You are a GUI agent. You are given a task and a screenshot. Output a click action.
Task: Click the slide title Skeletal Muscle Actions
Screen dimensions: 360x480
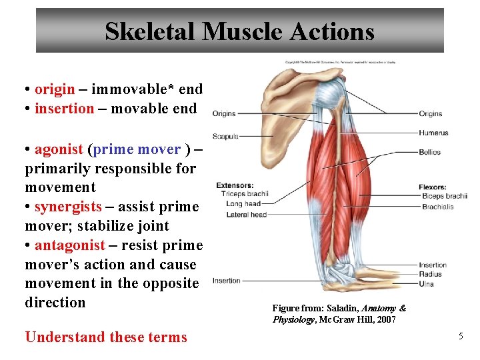(239, 31)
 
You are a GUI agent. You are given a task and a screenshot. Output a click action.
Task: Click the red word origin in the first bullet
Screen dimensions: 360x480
(55, 89)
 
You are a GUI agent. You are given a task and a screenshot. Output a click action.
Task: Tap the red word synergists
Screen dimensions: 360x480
(68, 207)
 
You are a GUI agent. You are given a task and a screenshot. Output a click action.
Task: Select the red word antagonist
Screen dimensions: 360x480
(70, 245)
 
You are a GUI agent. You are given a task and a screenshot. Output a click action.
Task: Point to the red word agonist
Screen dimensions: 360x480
(59, 149)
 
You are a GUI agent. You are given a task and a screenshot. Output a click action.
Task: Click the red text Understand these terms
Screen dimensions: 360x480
(106, 337)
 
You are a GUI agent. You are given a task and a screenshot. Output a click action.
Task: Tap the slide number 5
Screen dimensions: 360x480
(460, 337)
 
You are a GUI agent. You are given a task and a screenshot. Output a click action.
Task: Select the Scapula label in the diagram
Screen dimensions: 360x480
(225, 137)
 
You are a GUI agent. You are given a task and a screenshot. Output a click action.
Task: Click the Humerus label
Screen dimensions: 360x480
(433, 133)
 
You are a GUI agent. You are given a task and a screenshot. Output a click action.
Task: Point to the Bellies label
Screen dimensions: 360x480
(430, 152)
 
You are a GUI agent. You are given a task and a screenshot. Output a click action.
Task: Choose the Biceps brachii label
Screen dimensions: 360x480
(445, 196)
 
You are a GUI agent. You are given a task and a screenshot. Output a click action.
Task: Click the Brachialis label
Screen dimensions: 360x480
(437, 207)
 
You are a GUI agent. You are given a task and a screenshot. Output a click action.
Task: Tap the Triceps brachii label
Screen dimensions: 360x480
(245, 194)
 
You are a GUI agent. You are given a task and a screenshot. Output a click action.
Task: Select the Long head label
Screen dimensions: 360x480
(243, 204)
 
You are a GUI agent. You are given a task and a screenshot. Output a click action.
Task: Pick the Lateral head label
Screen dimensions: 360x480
(246, 215)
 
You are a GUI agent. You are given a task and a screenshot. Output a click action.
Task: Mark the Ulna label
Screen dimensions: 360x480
(427, 283)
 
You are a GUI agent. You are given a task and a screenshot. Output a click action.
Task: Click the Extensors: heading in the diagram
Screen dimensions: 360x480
(235, 185)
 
